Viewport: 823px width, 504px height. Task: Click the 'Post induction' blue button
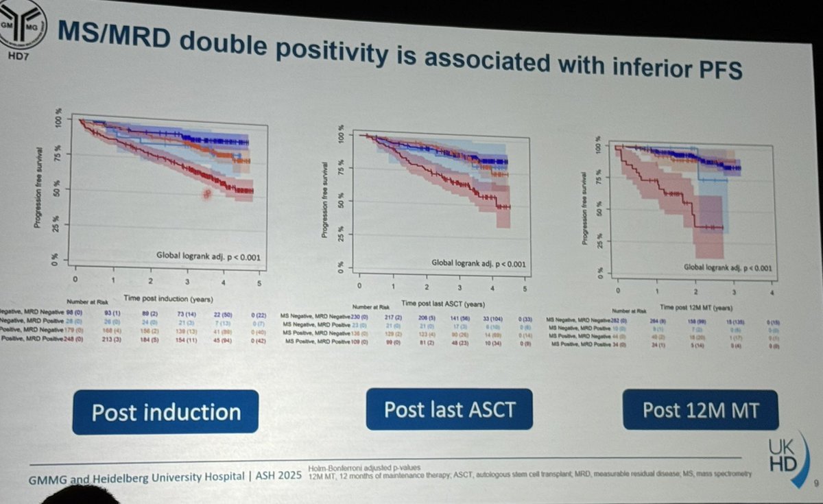pos(166,412)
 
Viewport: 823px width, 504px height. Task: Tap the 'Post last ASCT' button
pos(449,409)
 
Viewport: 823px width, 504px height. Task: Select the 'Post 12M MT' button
pos(700,410)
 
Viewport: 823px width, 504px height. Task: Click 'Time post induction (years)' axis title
pos(169,298)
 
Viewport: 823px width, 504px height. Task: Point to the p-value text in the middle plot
pos(479,263)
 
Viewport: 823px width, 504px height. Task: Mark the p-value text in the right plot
pos(729,268)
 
